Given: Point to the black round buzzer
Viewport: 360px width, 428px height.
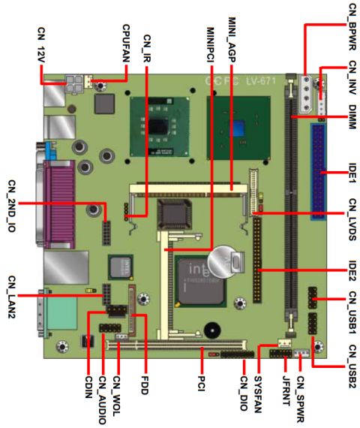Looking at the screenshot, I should click(x=212, y=330).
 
